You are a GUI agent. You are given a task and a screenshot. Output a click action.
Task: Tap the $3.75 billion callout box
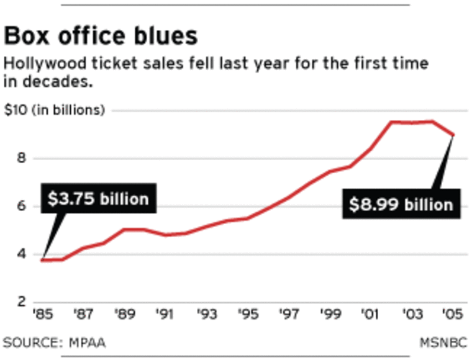pyautogui.click(x=98, y=199)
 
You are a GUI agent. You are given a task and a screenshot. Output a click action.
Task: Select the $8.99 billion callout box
pyautogui.click(x=401, y=204)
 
